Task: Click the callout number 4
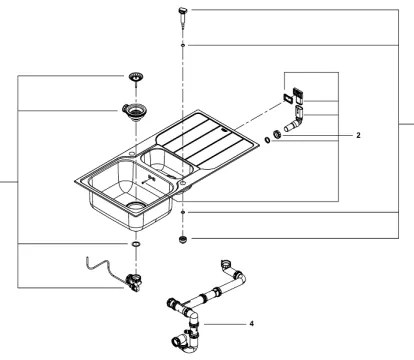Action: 251,324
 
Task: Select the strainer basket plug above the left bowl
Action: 134,76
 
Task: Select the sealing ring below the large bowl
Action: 134,243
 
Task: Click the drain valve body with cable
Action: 129,284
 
